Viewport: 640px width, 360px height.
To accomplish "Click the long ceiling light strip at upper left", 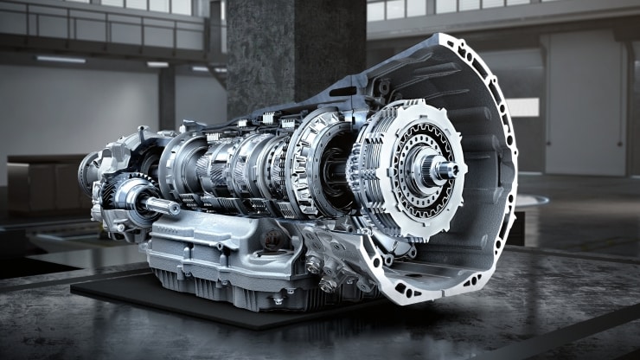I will (61, 60).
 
